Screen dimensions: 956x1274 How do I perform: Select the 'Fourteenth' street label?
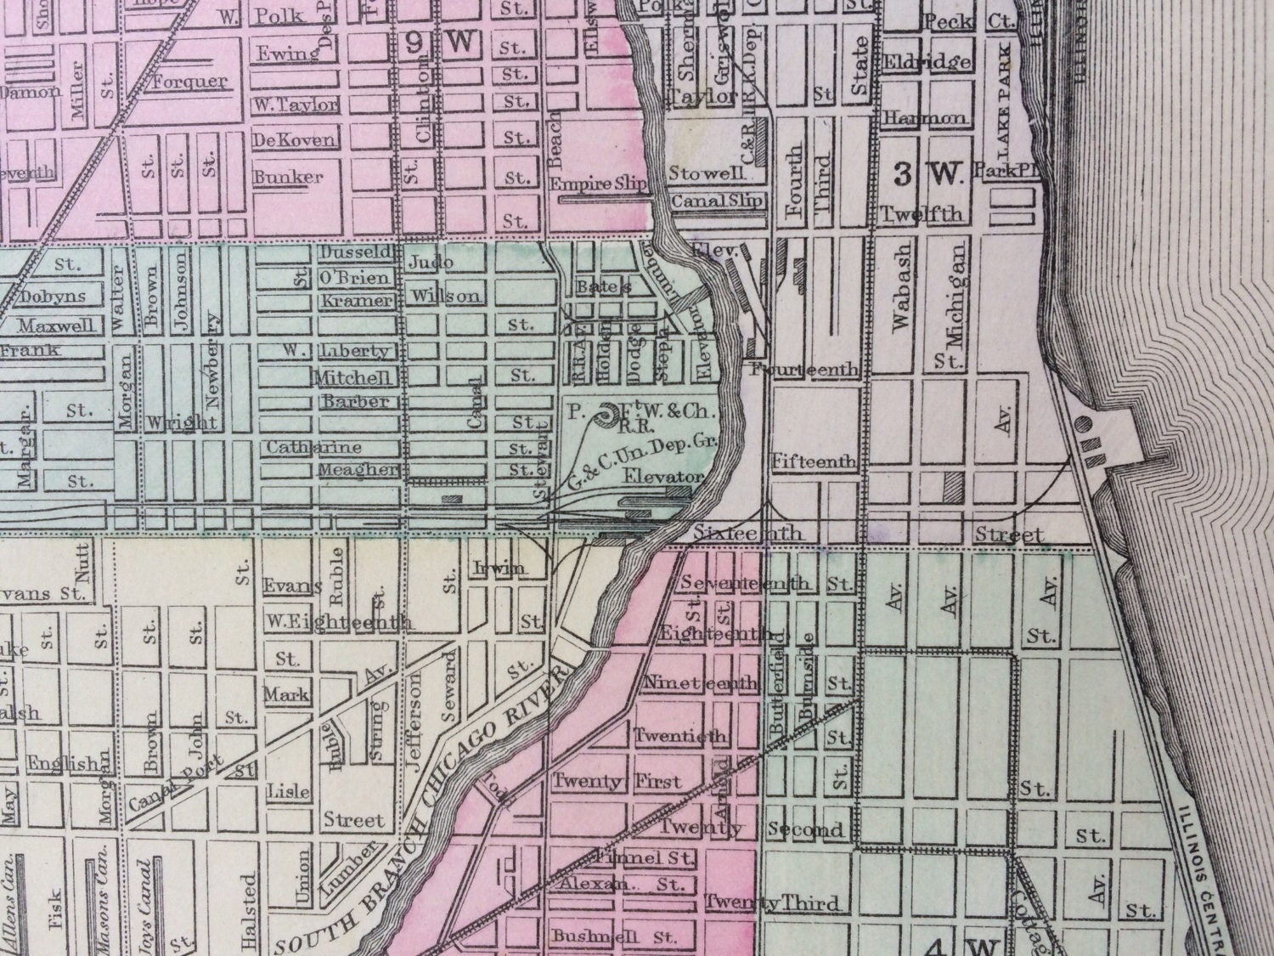pos(806,370)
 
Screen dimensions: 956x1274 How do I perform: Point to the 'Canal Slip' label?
pos(717,201)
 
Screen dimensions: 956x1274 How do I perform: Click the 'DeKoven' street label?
pos(294,139)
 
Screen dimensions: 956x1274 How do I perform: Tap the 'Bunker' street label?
pos(289,177)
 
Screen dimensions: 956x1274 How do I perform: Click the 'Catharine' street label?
pos(314,447)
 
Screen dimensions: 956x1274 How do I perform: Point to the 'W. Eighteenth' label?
pos(338,622)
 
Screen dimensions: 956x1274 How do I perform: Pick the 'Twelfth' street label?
pos(922,213)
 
